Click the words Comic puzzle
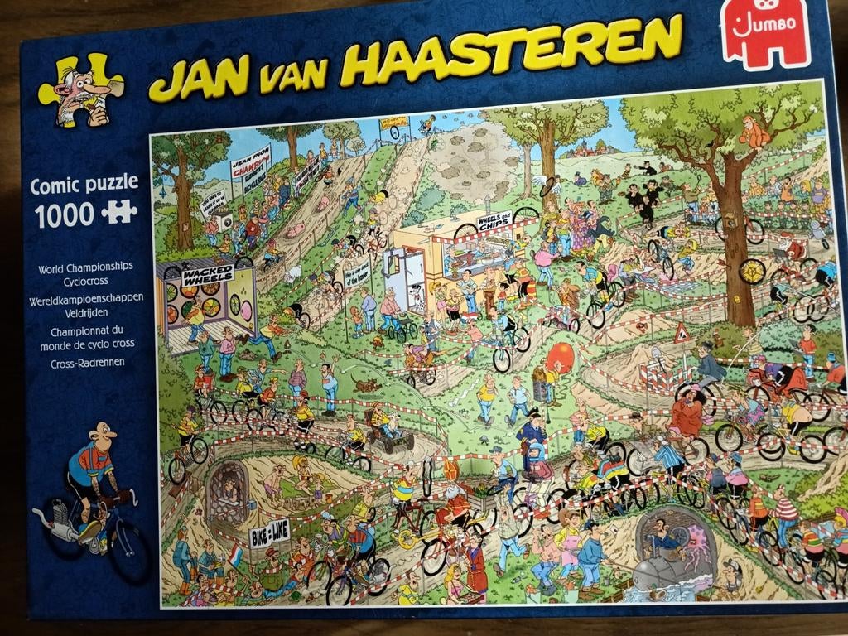point(83,183)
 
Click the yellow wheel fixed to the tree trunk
point(753,269)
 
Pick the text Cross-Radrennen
point(70,363)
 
